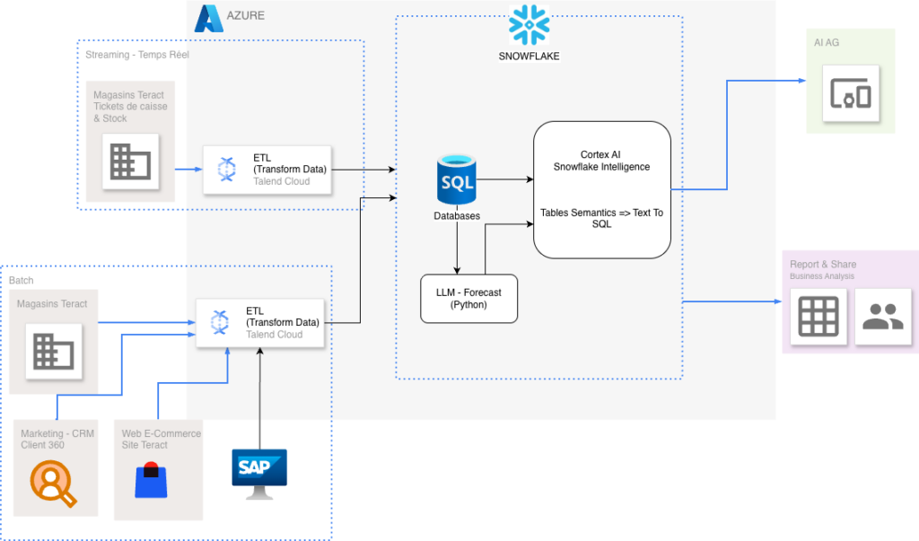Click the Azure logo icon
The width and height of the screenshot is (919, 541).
click(x=208, y=18)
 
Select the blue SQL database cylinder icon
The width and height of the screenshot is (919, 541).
click(x=457, y=182)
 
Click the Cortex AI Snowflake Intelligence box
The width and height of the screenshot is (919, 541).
click(x=602, y=189)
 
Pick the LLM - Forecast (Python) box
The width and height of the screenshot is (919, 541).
click(x=469, y=298)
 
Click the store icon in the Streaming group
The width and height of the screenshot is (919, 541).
click(x=130, y=161)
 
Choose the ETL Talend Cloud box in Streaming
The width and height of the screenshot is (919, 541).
click(x=267, y=169)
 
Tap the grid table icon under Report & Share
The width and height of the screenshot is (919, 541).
click(x=818, y=316)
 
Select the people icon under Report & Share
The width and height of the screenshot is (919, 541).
click(x=883, y=316)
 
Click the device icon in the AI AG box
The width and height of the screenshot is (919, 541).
click(x=851, y=93)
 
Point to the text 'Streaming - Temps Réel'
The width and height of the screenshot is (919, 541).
click(x=137, y=55)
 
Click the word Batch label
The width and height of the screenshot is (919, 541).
click(x=22, y=281)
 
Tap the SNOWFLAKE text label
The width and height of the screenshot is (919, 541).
click(x=530, y=56)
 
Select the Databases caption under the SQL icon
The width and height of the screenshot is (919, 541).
click(x=457, y=216)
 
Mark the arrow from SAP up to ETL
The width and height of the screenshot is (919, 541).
click(x=259, y=395)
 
